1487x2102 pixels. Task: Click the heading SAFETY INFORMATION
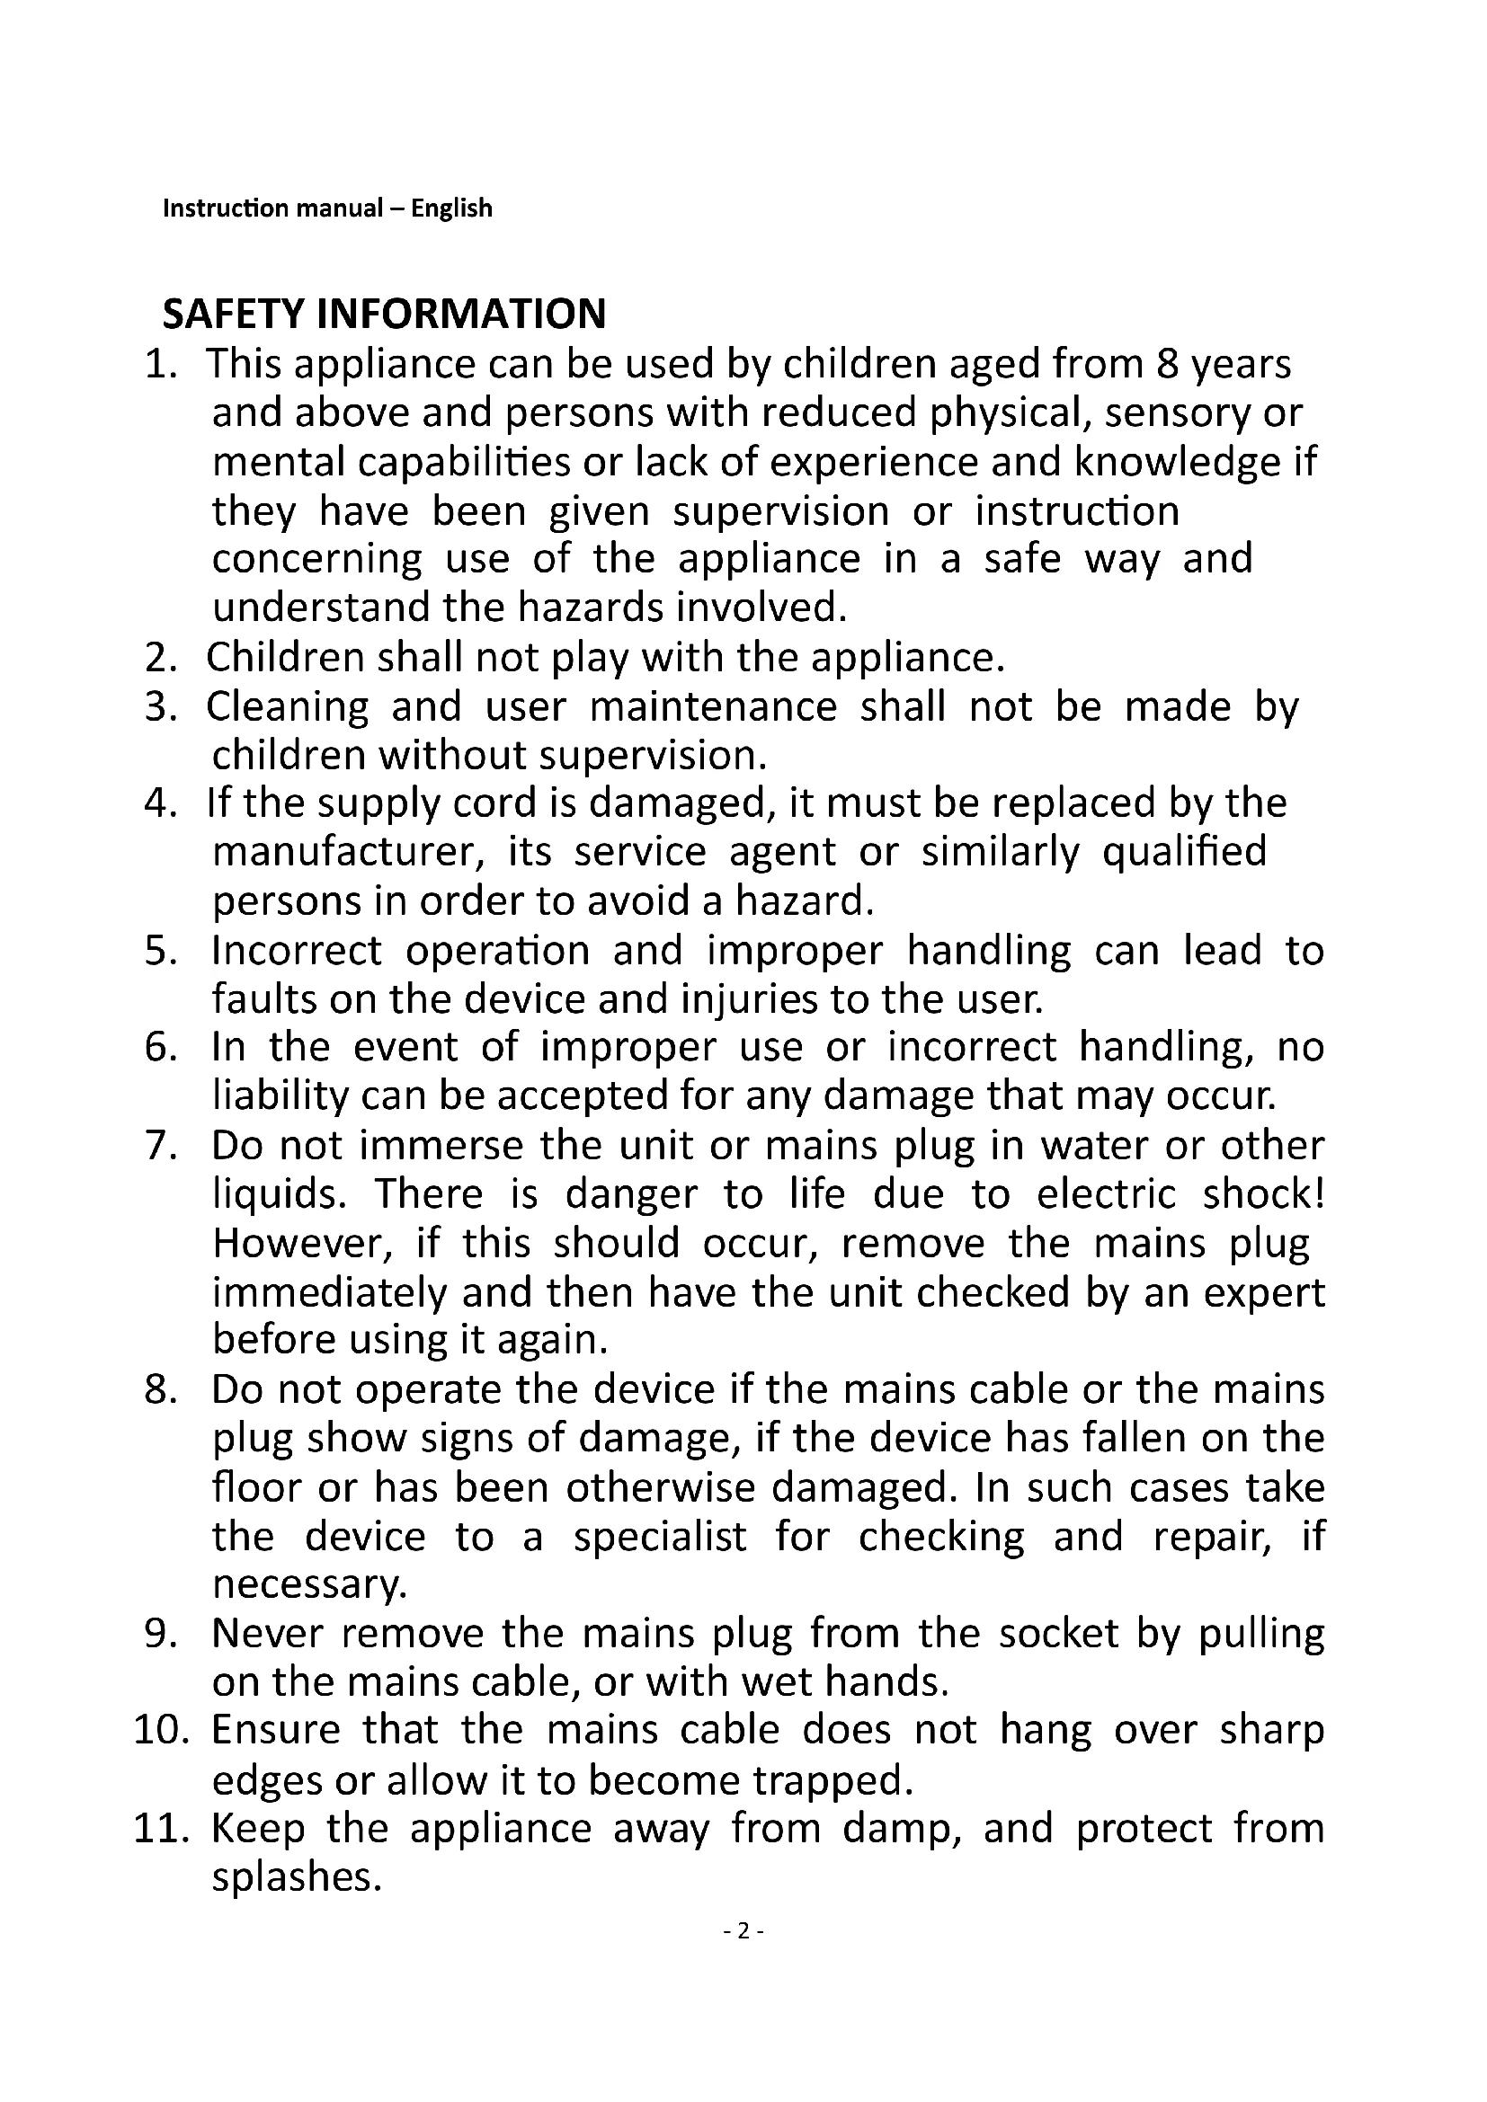coord(384,314)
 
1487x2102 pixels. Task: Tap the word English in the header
coord(451,208)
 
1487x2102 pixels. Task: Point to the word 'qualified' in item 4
coord(1184,853)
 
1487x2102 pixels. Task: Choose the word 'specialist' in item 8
coord(660,1536)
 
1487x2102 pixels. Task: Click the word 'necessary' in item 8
coord(307,1584)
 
